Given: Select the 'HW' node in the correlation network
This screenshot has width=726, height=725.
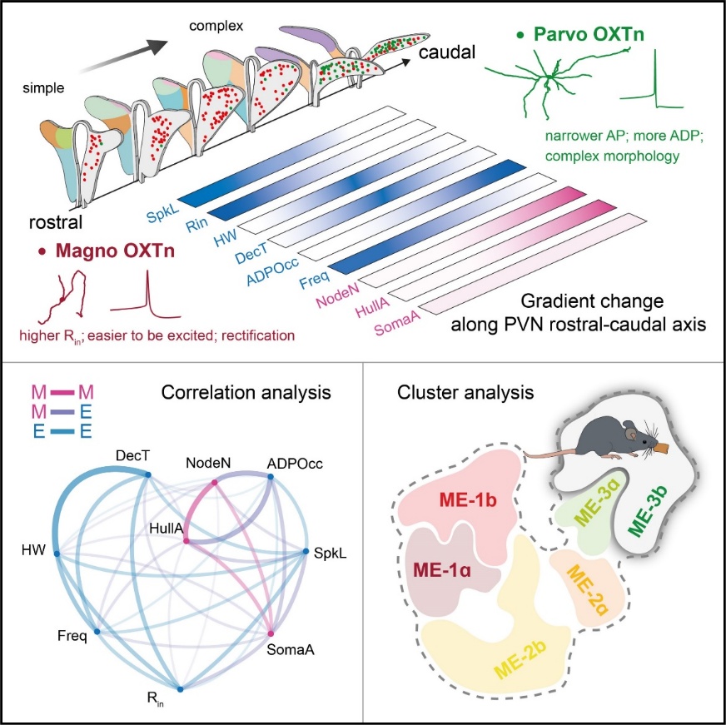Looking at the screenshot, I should click(57, 552).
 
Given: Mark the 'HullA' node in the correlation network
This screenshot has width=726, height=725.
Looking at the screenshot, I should click(186, 542).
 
